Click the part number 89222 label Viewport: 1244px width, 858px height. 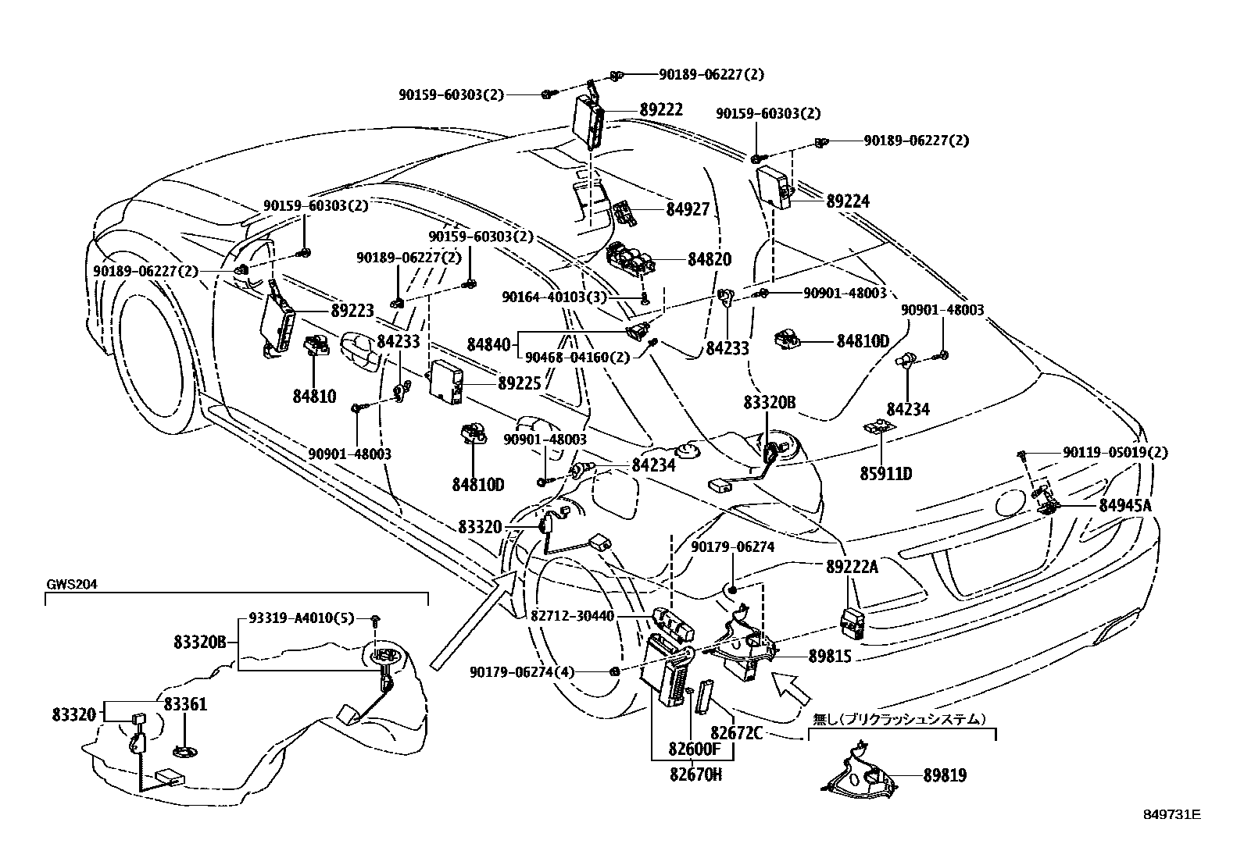click(661, 110)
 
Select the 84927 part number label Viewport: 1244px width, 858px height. click(688, 209)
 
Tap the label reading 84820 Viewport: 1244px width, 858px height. click(710, 259)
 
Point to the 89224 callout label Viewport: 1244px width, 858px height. click(848, 201)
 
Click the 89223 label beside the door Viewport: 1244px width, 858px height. click(352, 310)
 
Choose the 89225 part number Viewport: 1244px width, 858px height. click(520, 383)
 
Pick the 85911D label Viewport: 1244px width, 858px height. click(886, 473)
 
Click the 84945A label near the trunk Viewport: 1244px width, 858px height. click(1126, 506)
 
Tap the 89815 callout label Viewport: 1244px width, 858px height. click(831, 657)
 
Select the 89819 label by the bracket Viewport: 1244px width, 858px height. click(946, 775)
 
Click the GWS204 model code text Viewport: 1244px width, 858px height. click(72, 585)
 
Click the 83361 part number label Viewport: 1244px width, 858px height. click(185, 704)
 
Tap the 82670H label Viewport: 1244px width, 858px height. click(696, 774)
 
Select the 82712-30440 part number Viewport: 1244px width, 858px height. click(573, 616)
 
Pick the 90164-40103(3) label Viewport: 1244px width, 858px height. click(555, 297)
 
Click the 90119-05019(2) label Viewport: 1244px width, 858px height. click(1116, 452)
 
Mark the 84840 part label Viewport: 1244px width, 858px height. click(488, 344)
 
